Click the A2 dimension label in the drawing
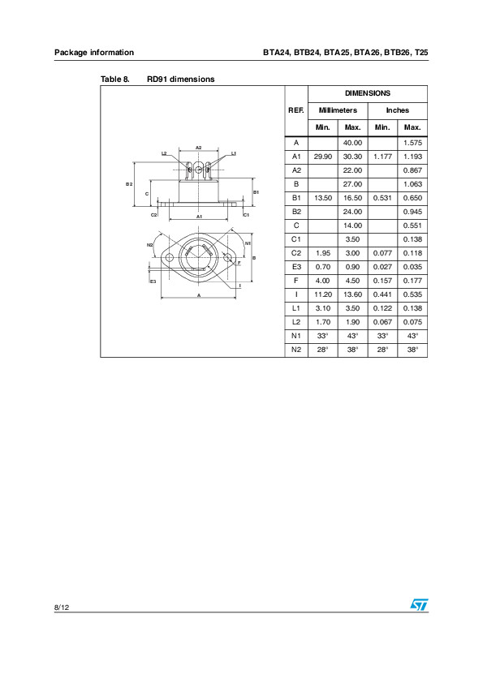coord(199,148)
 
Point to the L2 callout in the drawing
coord(164,152)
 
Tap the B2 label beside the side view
coord(129,185)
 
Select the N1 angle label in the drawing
coord(248,243)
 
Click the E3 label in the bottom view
coord(153,281)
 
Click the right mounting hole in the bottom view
coord(228,258)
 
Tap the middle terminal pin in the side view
coord(199,169)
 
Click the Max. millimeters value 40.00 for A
coord(352,142)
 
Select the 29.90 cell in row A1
coord(323,156)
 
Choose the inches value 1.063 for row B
coord(412,184)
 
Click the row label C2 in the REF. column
coord(296,254)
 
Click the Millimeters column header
coord(338,110)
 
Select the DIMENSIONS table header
coord(368,93)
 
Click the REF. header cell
coord(296,110)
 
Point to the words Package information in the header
coord(94,52)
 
